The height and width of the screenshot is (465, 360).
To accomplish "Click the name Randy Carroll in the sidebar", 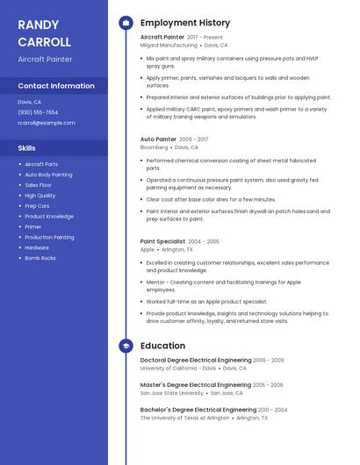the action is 44,33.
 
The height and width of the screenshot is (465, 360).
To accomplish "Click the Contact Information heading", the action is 56,86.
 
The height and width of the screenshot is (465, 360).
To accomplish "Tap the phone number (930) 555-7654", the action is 38,112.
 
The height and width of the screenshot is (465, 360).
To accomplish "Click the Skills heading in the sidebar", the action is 27,148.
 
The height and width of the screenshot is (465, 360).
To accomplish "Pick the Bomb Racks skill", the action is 40,258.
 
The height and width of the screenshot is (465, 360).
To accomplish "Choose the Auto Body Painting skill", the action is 48,175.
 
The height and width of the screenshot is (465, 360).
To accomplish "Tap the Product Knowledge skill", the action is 49,216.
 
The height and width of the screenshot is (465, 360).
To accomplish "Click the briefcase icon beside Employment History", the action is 126,23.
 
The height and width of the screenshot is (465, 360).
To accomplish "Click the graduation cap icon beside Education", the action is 126,346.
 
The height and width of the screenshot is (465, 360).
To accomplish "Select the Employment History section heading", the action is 185,23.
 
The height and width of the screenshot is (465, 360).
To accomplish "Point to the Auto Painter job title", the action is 158,139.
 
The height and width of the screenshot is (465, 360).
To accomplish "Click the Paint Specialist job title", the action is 162,240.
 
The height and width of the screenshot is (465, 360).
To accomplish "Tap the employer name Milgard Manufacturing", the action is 169,45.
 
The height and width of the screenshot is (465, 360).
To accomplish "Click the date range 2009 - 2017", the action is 193,139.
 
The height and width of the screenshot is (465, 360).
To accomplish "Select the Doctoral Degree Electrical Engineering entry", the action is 195,360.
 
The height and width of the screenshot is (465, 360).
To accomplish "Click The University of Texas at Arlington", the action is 184,418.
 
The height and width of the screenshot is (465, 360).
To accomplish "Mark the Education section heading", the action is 162,346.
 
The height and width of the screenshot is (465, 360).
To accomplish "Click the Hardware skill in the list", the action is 37,247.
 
